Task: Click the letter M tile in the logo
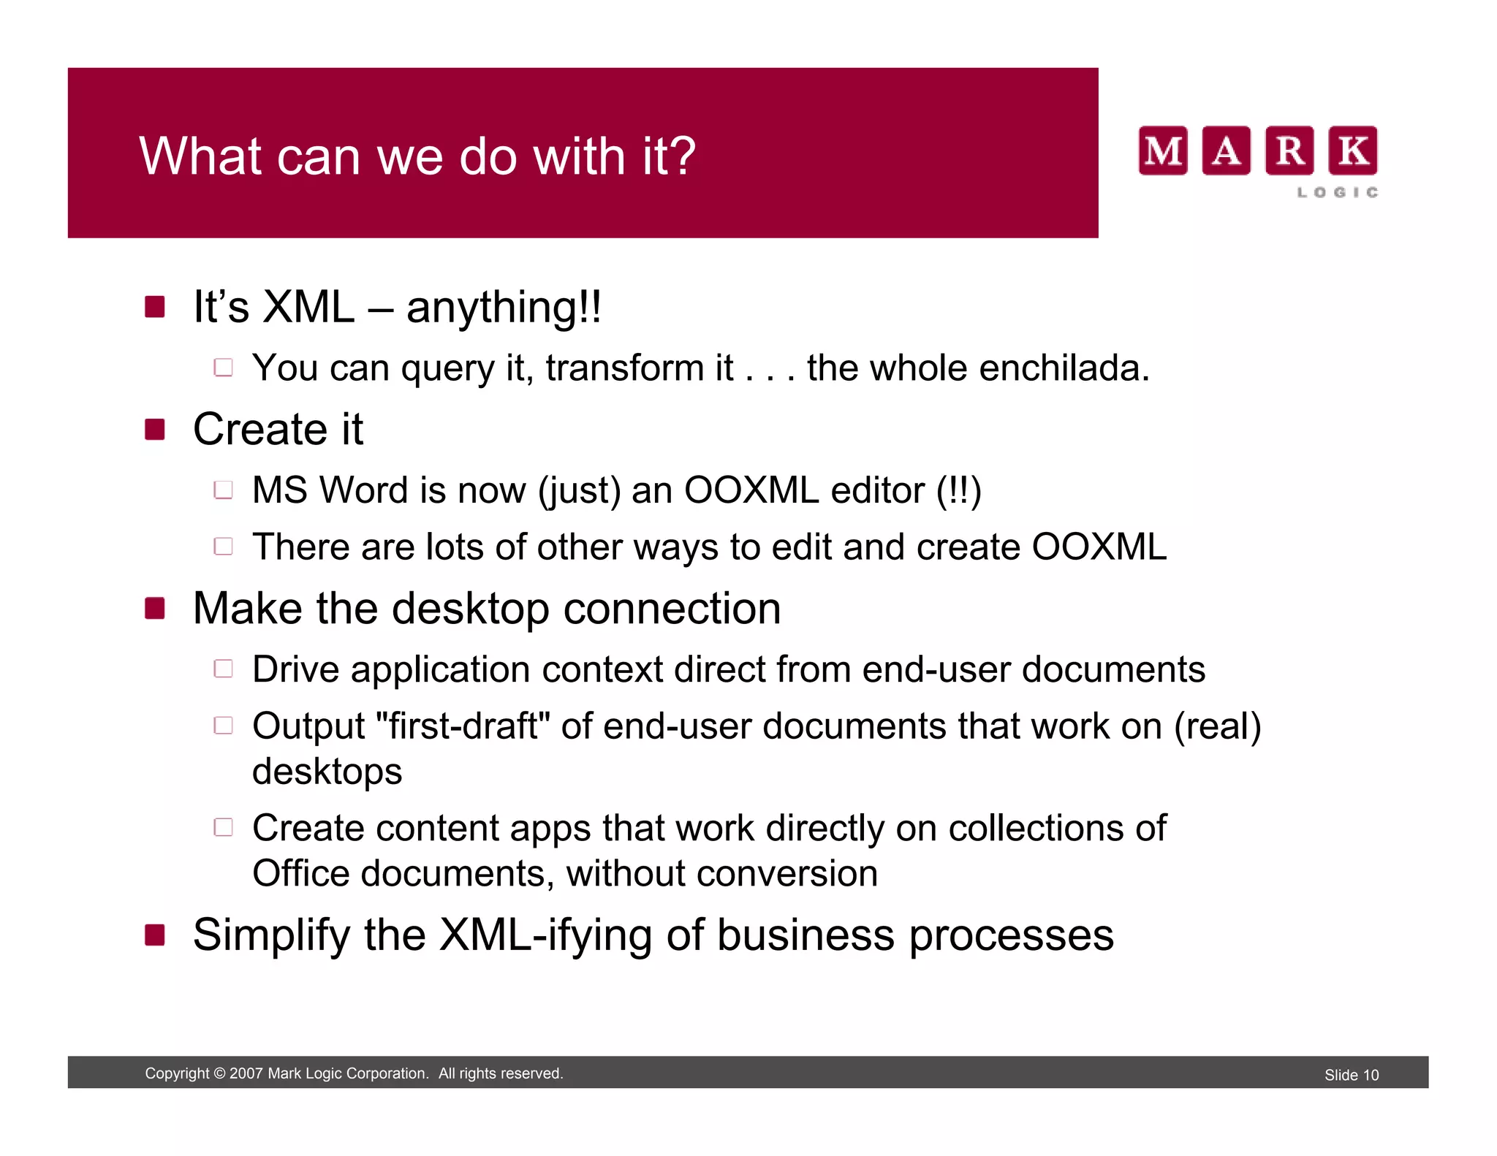(1162, 151)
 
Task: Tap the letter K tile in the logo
(1352, 151)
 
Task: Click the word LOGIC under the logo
(1338, 192)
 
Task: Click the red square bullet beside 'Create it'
(154, 429)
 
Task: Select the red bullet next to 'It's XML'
(154, 307)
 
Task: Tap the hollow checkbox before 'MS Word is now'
(223, 490)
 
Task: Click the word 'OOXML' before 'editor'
(751, 490)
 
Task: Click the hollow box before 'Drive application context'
(223, 669)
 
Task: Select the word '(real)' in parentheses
(1217, 726)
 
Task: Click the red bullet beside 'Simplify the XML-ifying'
(154, 935)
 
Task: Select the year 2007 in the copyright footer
(246, 1073)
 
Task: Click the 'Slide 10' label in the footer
(1351, 1075)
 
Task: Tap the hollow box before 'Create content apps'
(223, 827)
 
